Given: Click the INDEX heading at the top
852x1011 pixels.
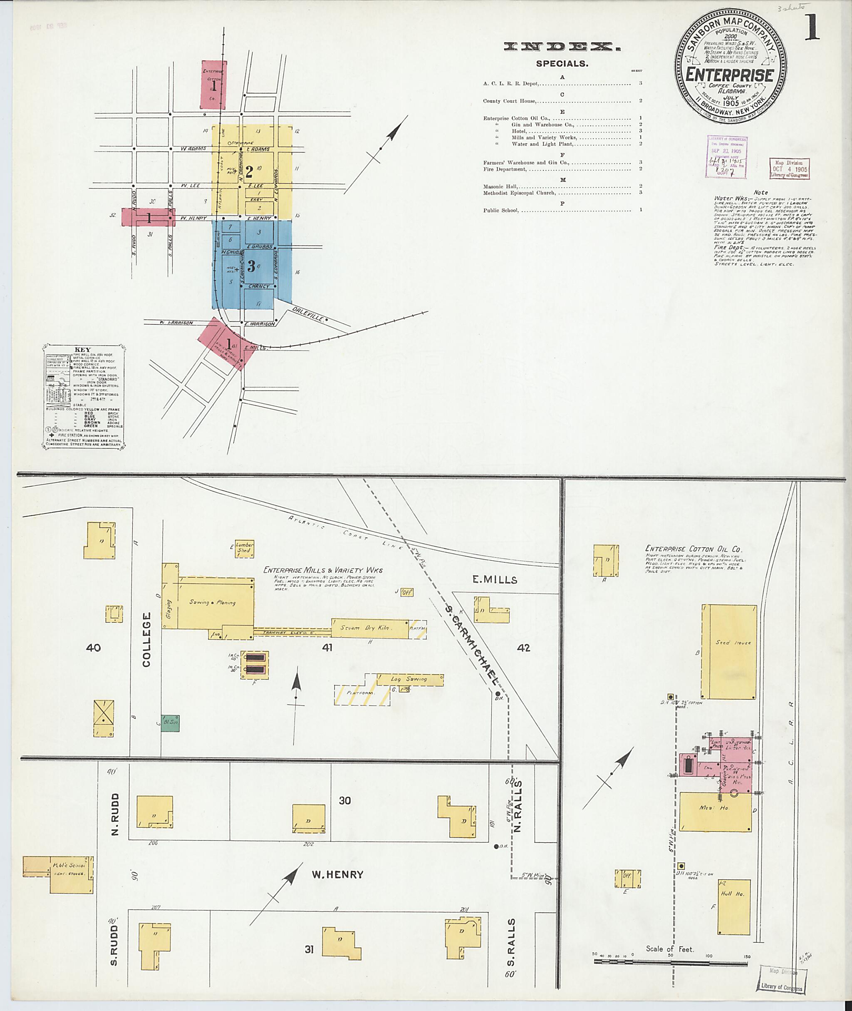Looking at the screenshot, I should (x=562, y=47).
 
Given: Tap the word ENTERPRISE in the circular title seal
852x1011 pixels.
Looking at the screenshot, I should (x=729, y=75).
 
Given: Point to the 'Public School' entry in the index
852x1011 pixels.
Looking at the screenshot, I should (x=500, y=210).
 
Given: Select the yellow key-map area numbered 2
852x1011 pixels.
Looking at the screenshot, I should (x=249, y=171).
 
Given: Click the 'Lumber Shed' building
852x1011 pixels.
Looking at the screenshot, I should (x=244, y=548).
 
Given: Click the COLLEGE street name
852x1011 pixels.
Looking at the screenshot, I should (x=147, y=639).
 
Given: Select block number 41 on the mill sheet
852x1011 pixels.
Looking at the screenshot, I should (x=327, y=648).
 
